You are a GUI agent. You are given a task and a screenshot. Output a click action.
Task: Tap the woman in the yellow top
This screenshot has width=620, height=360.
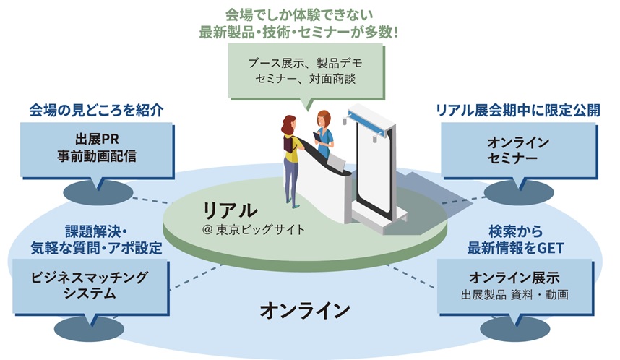pyautogui.click(x=290, y=155)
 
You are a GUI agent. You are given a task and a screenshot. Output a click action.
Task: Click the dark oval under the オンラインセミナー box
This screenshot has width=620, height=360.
pyautogui.click(x=517, y=192)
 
